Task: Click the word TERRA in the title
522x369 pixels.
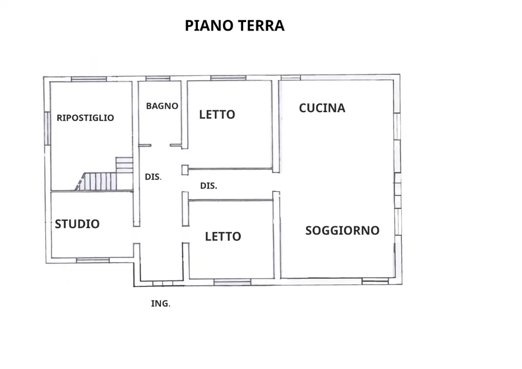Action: coord(260,26)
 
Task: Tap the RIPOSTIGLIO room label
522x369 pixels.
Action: coord(85,118)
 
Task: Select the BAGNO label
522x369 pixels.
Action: coord(162,106)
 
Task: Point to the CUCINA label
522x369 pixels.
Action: coord(322,108)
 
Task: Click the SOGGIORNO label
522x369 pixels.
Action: coord(342,231)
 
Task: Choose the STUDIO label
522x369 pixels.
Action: coord(77,224)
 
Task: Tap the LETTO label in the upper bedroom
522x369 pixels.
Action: coord(217,115)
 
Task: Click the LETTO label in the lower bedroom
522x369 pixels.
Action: coord(223,237)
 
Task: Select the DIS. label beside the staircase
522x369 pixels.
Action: coord(153,177)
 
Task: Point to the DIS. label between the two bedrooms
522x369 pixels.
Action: coord(208,186)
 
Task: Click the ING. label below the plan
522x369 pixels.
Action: coord(160,304)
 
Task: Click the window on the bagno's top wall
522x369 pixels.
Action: coord(157,78)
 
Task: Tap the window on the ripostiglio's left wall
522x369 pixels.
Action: coord(47,128)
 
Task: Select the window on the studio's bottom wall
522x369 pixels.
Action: coord(93,260)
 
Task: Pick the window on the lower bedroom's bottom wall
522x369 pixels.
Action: coord(232,282)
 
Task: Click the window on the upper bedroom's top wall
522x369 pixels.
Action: coord(228,78)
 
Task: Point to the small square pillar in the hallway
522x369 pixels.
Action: coord(185,170)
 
